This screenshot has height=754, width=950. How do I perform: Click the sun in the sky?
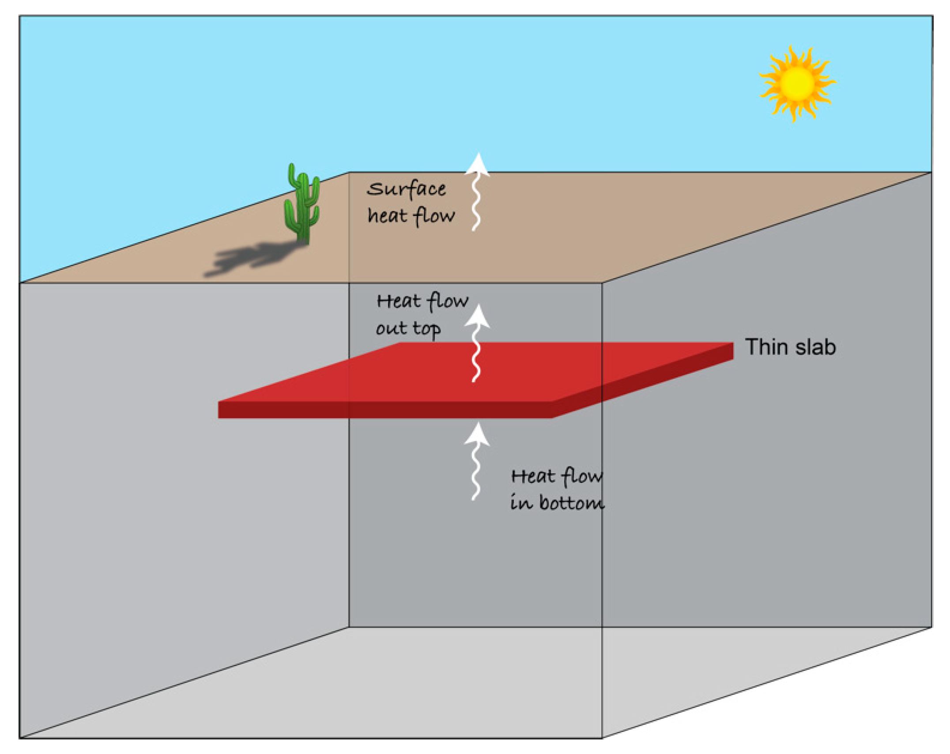(x=797, y=83)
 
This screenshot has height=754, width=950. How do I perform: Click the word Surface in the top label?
(x=406, y=189)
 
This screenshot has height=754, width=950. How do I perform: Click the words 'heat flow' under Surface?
(x=411, y=216)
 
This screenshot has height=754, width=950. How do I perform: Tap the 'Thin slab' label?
(x=790, y=347)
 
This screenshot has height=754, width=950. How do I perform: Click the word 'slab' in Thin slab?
(x=816, y=347)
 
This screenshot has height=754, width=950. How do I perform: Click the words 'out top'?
(x=408, y=328)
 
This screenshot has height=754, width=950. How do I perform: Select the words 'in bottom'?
(x=557, y=503)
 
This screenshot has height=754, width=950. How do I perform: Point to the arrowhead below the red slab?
(x=477, y=434)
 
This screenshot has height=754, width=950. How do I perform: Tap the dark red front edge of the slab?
(x=384, y=410)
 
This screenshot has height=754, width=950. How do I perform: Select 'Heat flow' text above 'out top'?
(x=422, y=302)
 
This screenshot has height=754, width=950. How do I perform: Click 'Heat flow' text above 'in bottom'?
(x=556, y=476)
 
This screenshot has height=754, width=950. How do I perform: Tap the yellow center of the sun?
(x=797, y=83)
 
